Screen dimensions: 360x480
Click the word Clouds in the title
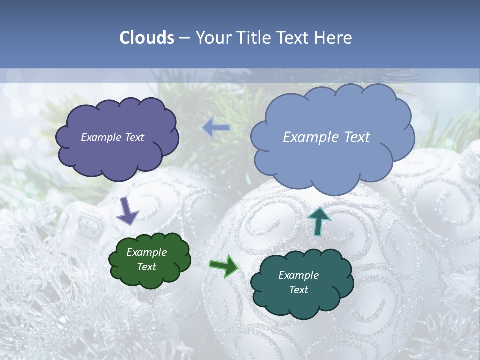point(146,38)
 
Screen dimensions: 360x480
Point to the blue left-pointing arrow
point(216,128)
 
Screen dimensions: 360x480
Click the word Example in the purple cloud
point(101,137)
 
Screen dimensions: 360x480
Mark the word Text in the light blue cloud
point(356,137)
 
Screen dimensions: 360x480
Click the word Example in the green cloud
point(147,252)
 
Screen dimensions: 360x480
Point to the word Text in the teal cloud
point(299,290)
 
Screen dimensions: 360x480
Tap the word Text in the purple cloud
point(134,137)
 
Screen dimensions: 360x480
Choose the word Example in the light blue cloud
point(310,137)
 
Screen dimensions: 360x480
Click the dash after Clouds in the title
point(184,38)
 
